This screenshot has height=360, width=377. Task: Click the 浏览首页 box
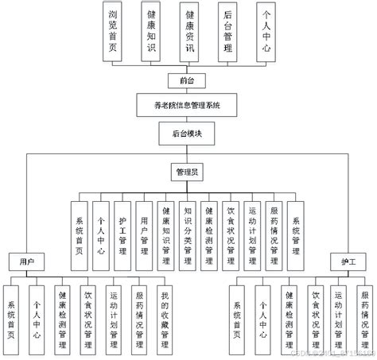click(x=115, y=29)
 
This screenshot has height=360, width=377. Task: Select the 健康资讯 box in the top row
click(x=189, y=29)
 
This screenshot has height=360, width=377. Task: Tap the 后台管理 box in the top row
click(x=228, y=29)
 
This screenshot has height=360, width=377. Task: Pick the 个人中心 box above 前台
click(x=266, y=29)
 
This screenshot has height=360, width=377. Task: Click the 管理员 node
click(x=188, y=171)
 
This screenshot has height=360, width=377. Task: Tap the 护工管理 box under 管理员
click(x=122, y=231)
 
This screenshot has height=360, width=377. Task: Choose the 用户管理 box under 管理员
click(x=144, y=231)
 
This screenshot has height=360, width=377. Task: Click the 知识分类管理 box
click(x=188, y=231)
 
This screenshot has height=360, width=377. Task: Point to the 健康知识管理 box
click(x=166, y=231)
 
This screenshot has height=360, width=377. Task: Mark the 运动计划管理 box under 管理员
click(x=253, y=231)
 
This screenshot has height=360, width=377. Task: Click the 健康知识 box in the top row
click(x=152, y=29)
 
